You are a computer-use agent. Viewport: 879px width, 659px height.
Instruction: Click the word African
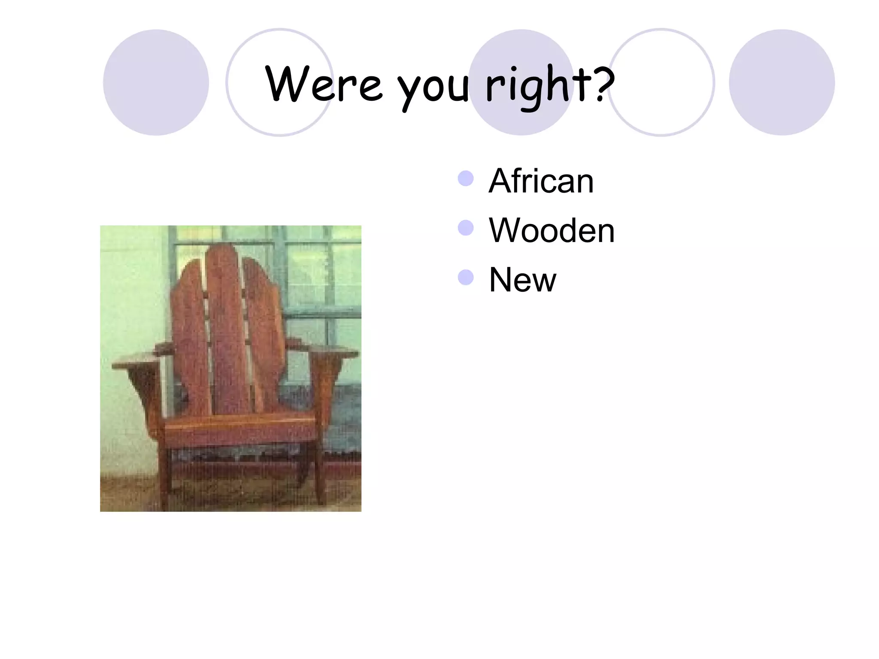click(541, 181)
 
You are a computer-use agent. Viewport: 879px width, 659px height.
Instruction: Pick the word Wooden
click(552, 231)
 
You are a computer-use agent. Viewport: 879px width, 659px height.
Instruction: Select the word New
click(522, 280)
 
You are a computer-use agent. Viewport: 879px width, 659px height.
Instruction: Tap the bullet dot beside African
click(466, 178)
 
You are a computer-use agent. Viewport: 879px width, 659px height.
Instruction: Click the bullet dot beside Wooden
click(466, 228)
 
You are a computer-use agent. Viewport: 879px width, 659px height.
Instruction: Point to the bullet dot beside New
click(466, 278)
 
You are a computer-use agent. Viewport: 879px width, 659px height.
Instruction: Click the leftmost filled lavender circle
click(156, 82)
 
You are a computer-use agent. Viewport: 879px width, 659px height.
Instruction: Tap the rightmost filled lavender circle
click(782, 82)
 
